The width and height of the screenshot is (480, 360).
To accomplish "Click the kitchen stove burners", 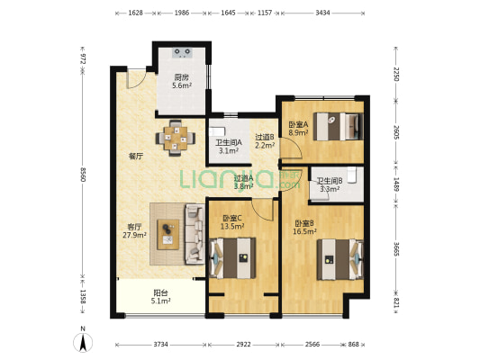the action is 183,52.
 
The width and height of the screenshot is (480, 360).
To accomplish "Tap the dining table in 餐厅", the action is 175,138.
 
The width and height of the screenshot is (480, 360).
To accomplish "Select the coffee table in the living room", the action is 168,235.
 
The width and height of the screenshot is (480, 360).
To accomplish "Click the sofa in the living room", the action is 195,234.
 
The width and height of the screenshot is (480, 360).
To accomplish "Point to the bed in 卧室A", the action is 338,127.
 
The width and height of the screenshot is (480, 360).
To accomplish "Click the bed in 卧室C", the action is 232,258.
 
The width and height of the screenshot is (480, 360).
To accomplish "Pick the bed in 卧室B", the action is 340,260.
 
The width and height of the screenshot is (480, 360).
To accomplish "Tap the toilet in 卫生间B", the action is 352,175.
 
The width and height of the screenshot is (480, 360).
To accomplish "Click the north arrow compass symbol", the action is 83,339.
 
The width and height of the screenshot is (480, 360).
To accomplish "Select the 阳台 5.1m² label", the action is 160,297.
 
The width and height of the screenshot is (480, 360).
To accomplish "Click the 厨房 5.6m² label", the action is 182,81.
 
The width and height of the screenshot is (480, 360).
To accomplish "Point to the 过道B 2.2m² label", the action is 265,141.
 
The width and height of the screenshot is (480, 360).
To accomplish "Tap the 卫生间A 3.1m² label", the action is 229,147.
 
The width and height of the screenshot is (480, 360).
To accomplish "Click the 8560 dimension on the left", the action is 82,175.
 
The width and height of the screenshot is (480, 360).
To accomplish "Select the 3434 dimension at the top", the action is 322,13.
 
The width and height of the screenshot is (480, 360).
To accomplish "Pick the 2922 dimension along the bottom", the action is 244,345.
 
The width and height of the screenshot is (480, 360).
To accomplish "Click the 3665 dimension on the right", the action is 396,249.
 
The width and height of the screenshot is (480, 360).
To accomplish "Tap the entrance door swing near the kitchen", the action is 135,79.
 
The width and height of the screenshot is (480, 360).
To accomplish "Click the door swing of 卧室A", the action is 292,148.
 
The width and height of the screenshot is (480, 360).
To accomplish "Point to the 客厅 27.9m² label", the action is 134,231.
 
